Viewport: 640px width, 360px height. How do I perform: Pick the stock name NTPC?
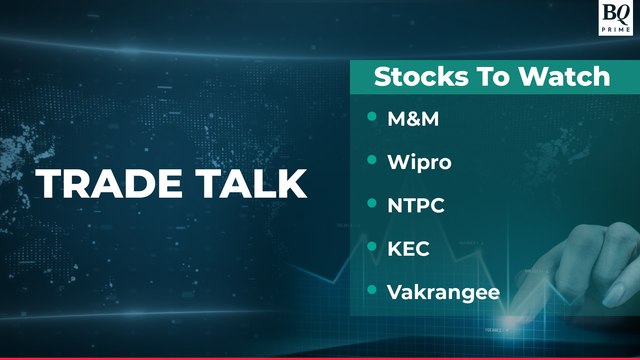coord(415,205)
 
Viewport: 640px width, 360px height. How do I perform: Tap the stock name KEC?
coord(408,248)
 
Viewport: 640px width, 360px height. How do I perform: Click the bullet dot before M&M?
coord(371,117)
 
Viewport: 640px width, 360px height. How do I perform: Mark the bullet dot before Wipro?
coord(371,160)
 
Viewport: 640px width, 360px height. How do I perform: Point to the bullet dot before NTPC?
coord(371,204)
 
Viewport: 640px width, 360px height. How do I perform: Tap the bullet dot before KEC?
coord(371,247)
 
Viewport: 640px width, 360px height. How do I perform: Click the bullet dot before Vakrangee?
coord(371,290)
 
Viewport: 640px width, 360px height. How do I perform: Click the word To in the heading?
coord(480,76)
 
